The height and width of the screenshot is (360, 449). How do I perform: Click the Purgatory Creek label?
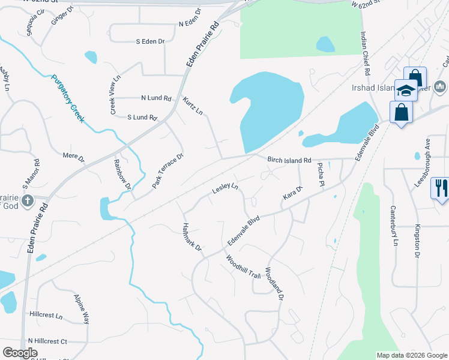click(x=68, y=98)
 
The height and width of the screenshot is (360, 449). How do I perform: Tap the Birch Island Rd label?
click(x=289, y=160)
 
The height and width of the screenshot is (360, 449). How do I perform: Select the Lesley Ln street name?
click(x=225, y=190)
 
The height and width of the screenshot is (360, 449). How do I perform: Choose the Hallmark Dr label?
click(x=193, y=236)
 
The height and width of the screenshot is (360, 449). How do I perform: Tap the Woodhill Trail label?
click(x=243, y=267)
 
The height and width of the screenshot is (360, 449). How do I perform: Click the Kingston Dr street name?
click(x=417, y=241)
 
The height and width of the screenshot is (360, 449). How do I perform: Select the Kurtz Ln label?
click(x=193, y=105)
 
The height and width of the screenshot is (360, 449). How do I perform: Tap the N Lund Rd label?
click(x=156, y=98)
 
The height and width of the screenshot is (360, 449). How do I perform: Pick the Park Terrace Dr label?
click(x=167, y=172)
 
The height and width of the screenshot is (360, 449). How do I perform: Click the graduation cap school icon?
click(x=406, y=90)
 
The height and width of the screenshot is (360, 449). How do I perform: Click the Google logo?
click(x=20, y=353)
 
